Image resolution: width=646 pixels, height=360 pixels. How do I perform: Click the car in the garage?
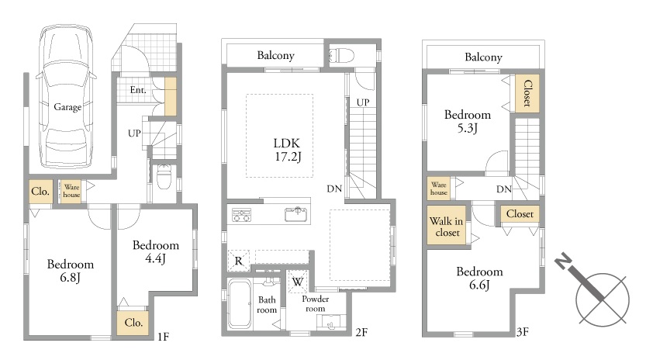coord(67,95)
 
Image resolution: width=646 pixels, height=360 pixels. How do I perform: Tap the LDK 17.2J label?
coord(287,149)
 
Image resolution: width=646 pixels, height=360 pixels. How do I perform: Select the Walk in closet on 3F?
coord(446,226)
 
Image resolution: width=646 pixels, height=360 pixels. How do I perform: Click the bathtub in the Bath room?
coord(240,304)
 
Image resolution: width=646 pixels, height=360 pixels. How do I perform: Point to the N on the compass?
coord(563,262)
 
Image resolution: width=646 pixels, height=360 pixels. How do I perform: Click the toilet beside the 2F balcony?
coord(341,55)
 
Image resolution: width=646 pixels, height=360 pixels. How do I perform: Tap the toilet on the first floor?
coord(164,177)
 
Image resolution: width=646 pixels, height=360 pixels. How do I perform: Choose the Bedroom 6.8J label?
coord(71,271)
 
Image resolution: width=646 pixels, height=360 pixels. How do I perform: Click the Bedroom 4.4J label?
coord(156,251)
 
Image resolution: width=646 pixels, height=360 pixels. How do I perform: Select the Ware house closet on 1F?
coord(71,191)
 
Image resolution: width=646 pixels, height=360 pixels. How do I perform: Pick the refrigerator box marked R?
coord(239,261)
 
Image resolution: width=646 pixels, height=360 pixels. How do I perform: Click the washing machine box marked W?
coord(298,282)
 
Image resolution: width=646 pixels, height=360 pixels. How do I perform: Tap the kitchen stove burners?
coord(242,215)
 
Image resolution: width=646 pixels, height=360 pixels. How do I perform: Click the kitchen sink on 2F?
coord(295,214)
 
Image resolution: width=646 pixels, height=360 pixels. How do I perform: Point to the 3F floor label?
coord(523,332)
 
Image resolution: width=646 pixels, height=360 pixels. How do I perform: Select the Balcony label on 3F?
coord(483,57)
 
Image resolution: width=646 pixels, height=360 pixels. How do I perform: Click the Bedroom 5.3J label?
coord(468,121)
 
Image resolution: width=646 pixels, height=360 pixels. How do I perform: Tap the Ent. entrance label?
coord(137,89)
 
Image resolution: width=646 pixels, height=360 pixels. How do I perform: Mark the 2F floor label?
coord(361,332)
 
